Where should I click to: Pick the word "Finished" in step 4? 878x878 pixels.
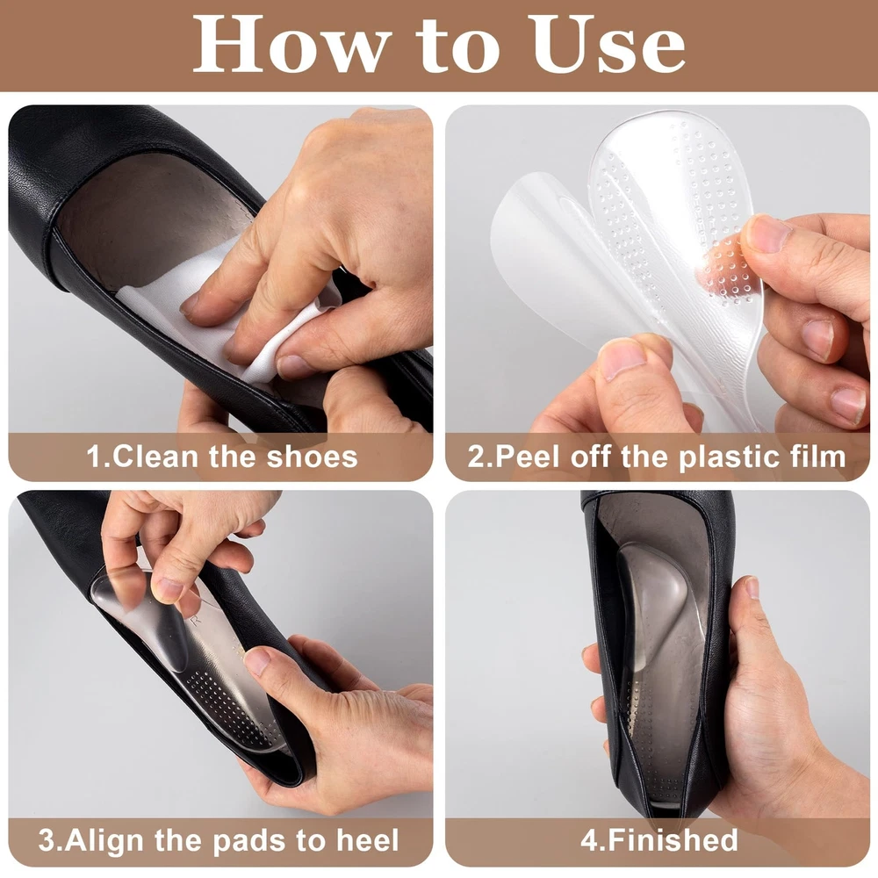[673, 840]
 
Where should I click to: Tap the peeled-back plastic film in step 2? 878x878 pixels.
[554, 263]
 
